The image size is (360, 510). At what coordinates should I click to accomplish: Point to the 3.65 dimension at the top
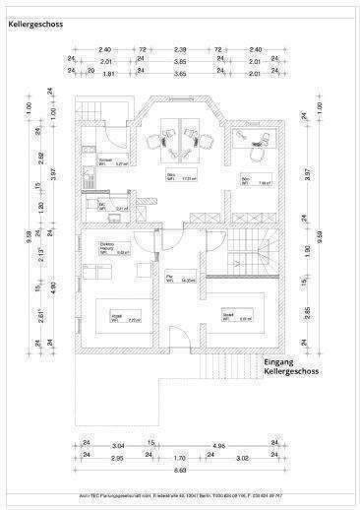[x=180, y=73]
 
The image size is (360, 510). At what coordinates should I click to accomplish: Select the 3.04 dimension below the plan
[x=117, y=444]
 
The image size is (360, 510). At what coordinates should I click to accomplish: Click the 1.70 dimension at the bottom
[x=180, y=457]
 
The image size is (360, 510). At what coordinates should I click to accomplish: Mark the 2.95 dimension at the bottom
[x=116, y=457]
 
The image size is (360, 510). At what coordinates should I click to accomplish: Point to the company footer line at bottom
[x=180, y=495]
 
